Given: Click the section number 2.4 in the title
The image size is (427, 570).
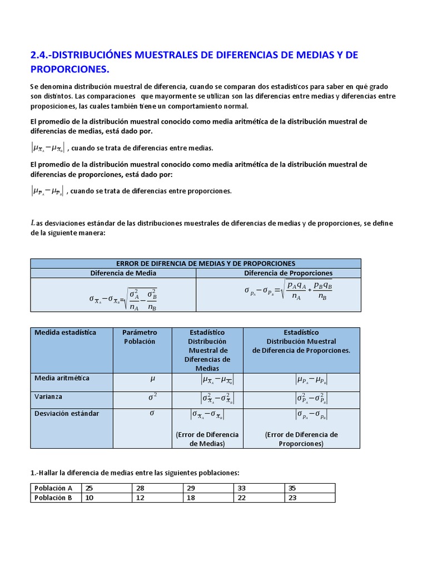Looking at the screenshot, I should tap(38, 55).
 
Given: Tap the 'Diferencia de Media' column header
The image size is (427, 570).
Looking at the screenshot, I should tap(123, 273).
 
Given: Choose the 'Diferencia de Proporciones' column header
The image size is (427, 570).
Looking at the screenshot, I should tap(288, 273).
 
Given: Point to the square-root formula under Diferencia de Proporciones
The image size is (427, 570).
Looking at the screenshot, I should tap(288, 290).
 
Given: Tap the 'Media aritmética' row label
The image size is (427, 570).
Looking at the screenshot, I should tap(62, 379).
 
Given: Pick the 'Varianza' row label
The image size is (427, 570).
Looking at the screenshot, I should tap(48, 397).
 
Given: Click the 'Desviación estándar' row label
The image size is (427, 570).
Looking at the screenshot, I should tap(67, 414).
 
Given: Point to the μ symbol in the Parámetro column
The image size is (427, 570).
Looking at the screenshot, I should tap(152, 379).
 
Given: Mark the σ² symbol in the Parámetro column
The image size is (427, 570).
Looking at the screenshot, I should tap(152, 397).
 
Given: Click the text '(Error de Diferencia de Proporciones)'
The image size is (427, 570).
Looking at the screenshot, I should tap(301, 439).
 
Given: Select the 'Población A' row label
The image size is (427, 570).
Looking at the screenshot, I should tap(53, 488).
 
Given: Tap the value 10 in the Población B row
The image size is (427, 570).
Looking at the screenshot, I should tap(89, 498).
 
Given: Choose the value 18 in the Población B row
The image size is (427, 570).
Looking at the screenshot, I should tap(191, 498).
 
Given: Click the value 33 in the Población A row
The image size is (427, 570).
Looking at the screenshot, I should tap(242, 488).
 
